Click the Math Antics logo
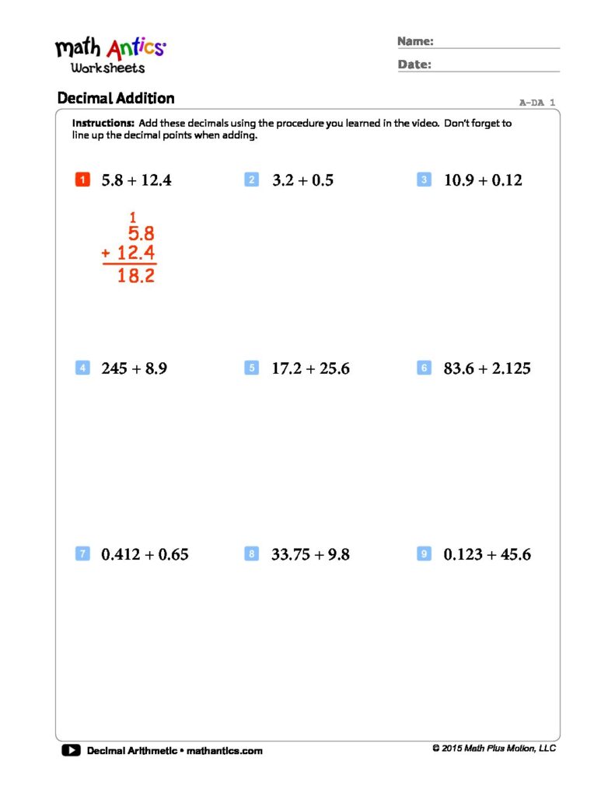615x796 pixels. [110, 54]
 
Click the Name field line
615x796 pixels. [498, 47]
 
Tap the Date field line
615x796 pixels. [498, 71]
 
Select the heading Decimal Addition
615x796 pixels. [116, 99]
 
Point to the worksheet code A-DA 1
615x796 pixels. [537, 103]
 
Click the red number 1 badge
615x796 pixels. [82, 180]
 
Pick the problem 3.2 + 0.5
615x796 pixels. [302, 180]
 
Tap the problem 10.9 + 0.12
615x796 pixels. [483, 180]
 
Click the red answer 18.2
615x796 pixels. [136, 276]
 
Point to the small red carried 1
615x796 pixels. [133, 218]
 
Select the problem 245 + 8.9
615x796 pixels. [134, 368]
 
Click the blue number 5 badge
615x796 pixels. [251, 368]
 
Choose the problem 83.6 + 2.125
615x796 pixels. [487, 368]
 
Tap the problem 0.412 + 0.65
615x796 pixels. [145, 555]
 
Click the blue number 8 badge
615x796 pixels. [251, 554]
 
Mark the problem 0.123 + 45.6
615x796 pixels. [487, 555]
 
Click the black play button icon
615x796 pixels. [70, 750]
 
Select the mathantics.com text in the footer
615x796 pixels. [225, 751]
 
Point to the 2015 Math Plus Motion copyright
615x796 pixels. [494, 749]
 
